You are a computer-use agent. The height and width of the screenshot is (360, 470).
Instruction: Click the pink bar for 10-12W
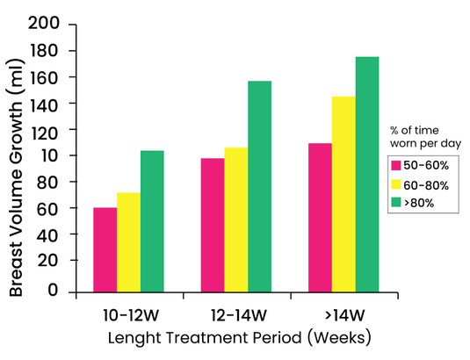pyautogui.click(x=105, y=249)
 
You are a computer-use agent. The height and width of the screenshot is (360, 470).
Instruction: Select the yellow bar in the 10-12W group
pyautogui.click(x=129, y=241)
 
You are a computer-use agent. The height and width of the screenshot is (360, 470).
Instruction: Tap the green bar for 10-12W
pyautogui.click(x=152, y=220)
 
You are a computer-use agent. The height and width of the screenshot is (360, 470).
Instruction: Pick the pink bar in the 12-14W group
pyautogui.click(x=213, y=225)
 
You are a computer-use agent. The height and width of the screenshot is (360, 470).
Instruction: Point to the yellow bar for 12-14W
pyautogui.click(x=236, y=219)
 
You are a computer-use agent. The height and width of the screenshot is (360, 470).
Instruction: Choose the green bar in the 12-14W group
pyautogui.click(x=259, y=185)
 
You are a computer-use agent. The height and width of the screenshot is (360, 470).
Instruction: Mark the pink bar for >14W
pyautogui.click(x=320, y=217)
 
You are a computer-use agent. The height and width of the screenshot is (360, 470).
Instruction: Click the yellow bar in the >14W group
pyautogui.click(x=343, y=193)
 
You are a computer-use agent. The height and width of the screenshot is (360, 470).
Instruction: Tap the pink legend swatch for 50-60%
pyautogui.click(x=396, y=165)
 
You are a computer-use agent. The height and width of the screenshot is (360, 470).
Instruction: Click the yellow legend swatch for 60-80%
pyautogui.click(x=396, y=184)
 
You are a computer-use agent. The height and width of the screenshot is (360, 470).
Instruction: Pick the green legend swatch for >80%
pyautogui.click(x=396, y=203)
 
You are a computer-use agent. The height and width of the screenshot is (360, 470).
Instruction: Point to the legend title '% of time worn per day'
pyautogui.click(x=425, y=135)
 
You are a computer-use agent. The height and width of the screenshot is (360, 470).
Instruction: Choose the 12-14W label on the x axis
pyautogui.click(x=238, y=314)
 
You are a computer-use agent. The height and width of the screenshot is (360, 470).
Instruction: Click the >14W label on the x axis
pyautogui.click(x=344, y=314)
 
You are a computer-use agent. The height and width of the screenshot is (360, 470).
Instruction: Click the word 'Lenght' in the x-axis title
pyautogui.click(x=133, y=337)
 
